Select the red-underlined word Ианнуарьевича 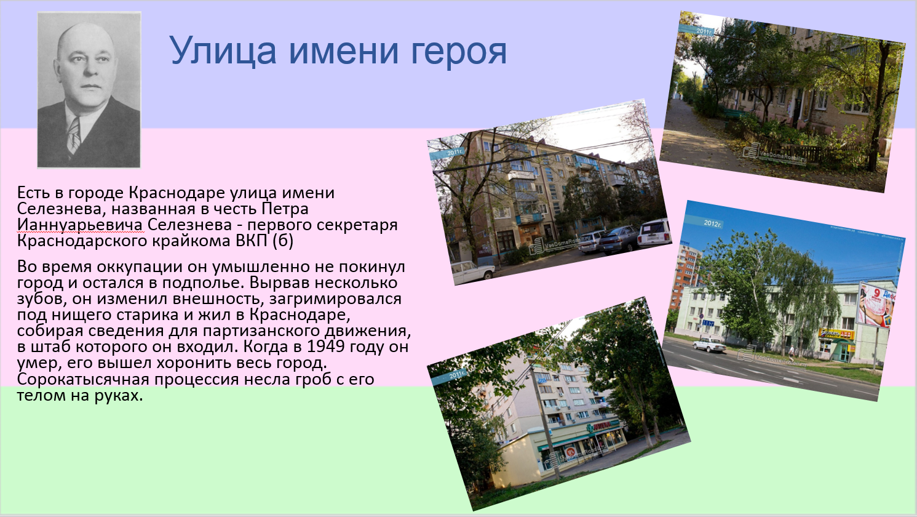[80, 225]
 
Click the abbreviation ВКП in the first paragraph [252, 241]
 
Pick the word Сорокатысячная [83, 379]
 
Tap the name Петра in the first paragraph [285, 209]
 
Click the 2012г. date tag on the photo [713, 223]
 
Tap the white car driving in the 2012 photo [709, 345]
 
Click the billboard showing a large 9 [876, 305]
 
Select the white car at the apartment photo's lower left [474, 271]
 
